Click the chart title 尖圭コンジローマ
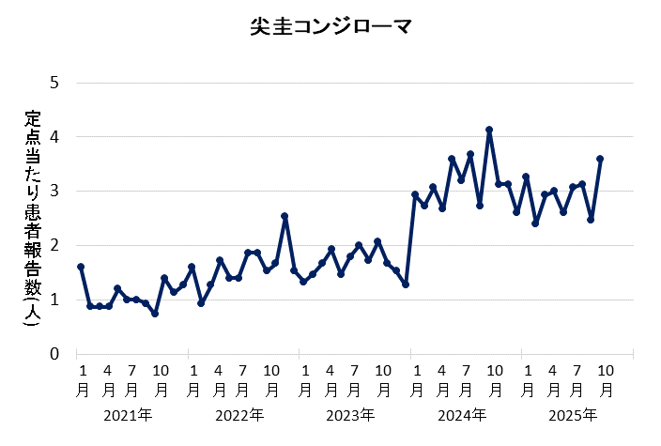[x=330, y=27]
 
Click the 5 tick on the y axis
[x=54, y=83]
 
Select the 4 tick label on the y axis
[x=54, y=137]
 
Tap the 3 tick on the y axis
[x=54, y=192]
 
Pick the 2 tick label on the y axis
[x=54, y=246]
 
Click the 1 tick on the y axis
[x=54, y=300]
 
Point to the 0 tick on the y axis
[x=54, y=354]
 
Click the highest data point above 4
[x=489, y=130]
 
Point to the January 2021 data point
[x=81, y=267]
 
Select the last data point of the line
[x=600, y=159]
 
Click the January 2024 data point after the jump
[x=415, y=194]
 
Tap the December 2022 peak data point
[x=284, y=216]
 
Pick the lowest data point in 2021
[x=155, y=314]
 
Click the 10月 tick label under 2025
[x=607, y=378]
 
